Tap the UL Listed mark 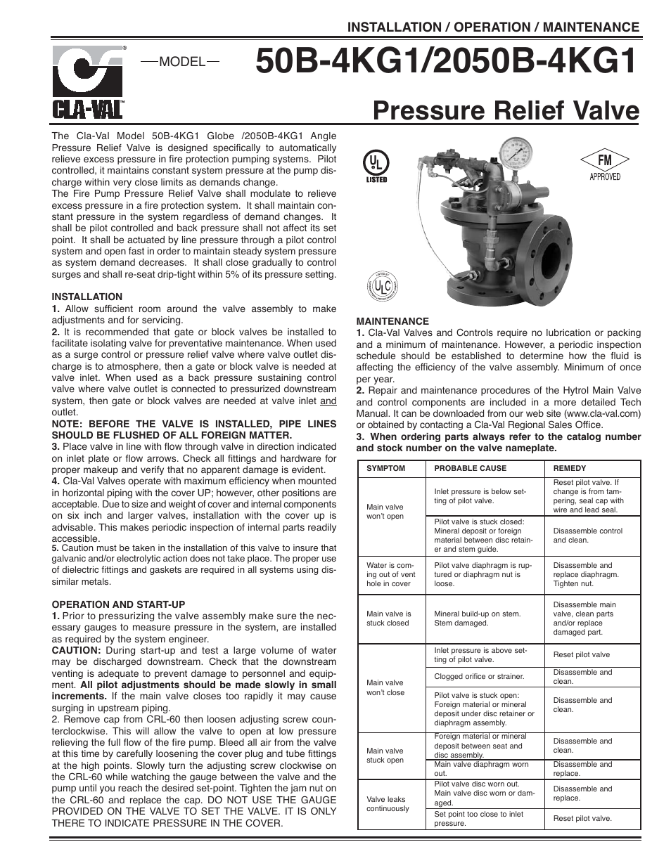[376, 165]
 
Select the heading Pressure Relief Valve [506, 111]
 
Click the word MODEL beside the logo [181, 62]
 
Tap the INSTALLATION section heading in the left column [87, 297]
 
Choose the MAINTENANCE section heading [392, 321]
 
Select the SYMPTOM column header [386, 468]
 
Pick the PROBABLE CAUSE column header [470, 468]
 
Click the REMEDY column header [570, 468]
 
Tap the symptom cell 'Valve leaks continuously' [388, 804]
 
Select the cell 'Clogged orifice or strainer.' [480, 676]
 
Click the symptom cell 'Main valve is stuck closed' [389, 618]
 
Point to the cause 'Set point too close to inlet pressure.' [479, 819]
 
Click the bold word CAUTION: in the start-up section [77, 651]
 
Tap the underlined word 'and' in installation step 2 [328, 401]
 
